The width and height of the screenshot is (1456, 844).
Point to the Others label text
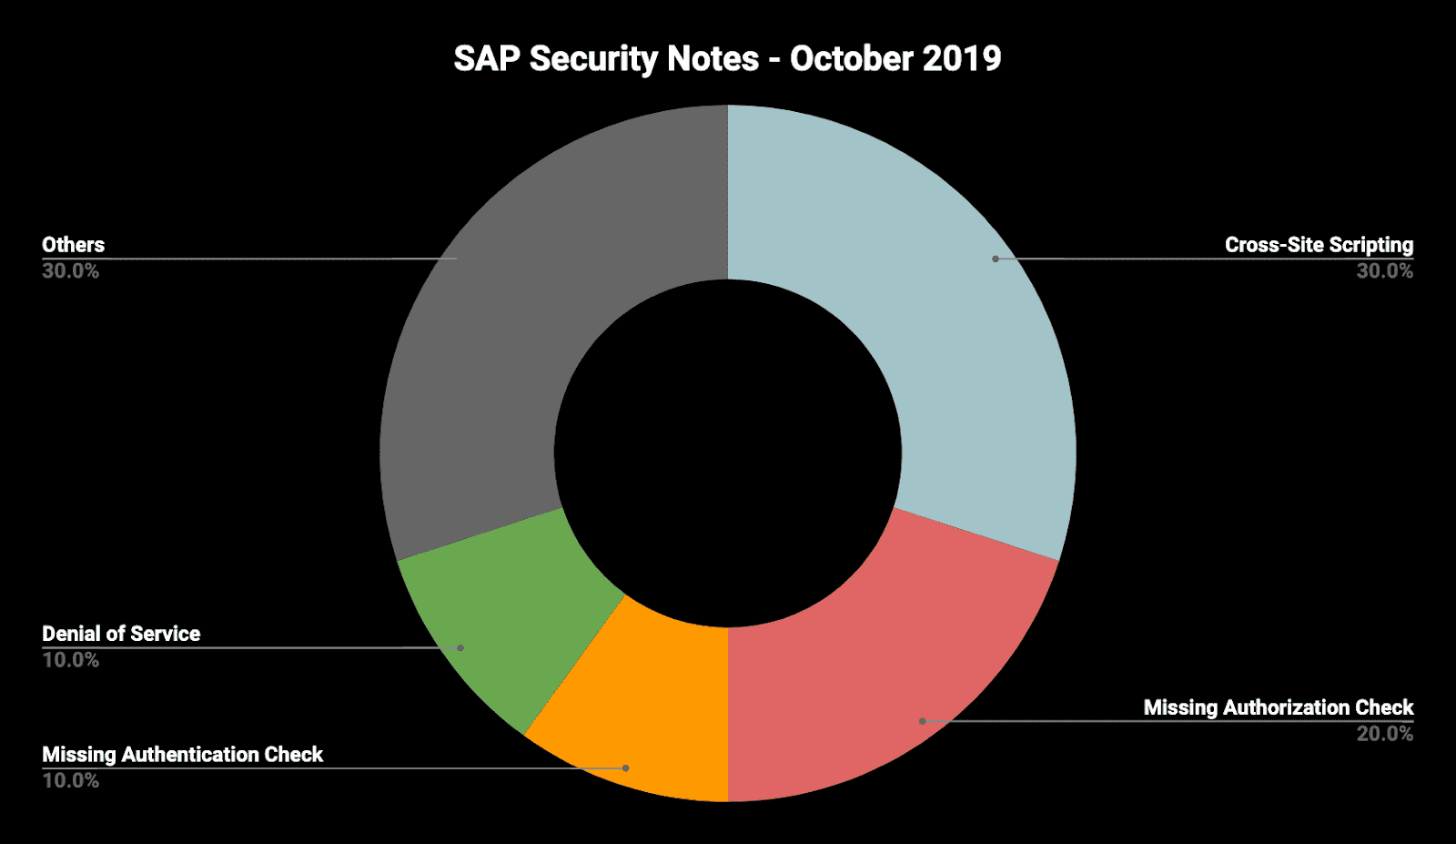(73, 245)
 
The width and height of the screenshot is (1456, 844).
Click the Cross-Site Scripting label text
(1319, 245)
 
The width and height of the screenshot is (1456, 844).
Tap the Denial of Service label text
(121, 634)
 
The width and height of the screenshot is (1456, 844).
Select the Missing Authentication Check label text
(182, 755)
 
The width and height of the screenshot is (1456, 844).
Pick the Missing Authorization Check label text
(1278, 707)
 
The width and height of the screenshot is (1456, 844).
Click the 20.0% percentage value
(1384, 734)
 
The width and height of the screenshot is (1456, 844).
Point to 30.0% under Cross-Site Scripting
(1384, 271)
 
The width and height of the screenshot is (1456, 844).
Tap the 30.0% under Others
(70, 271)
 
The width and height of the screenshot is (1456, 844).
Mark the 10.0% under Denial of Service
(70, 660)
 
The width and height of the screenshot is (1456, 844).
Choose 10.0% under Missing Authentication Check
(70, 781)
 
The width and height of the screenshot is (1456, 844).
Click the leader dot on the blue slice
(996, 259)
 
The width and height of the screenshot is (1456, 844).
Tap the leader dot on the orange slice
(625, 768)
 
